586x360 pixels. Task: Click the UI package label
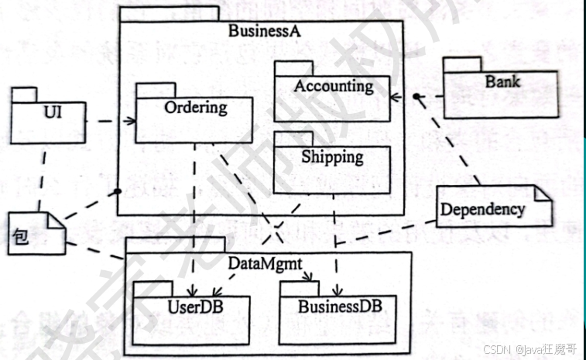point(53,113)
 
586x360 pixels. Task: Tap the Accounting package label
point(333,86)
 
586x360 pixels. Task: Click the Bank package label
point(503,81)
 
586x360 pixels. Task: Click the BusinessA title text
point(264,31)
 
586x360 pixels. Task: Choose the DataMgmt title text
point(264,263)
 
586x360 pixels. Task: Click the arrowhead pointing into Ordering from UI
point(132,121)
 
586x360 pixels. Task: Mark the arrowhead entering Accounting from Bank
point(395,98)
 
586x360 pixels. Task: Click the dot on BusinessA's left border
point(118,190)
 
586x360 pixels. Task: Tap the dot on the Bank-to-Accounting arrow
point(416,98)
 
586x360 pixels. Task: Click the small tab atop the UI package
point(25,95)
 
